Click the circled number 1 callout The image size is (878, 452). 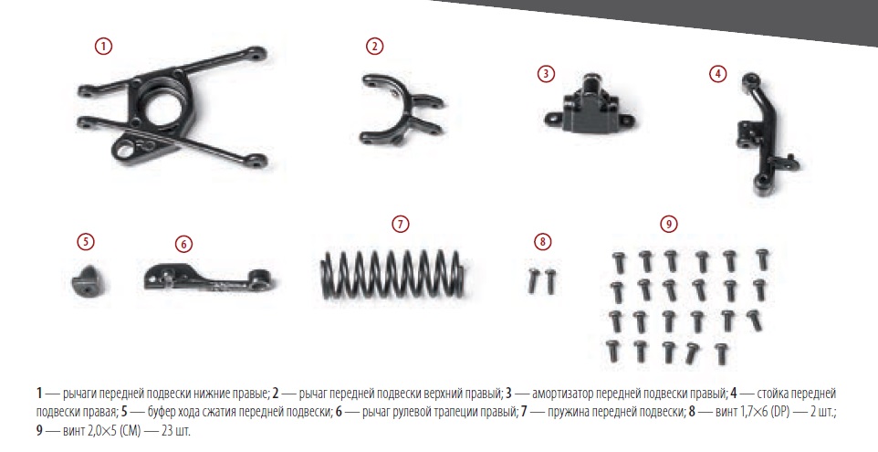pos(104,46)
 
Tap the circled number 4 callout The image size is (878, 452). pos(718,73)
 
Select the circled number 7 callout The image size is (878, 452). pos(400,224)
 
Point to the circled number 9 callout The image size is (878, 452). pos(669,224)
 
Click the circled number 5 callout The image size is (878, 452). pos(86,241)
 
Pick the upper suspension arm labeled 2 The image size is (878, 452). pos(401,110)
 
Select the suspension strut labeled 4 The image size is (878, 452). pos(763,134)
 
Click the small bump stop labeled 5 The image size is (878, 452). pos(87,279)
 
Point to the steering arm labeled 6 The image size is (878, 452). pos(207,279)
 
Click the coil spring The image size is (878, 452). pos(392,274)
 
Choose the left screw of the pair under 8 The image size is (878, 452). pos(533,280)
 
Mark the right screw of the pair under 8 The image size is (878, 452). pos(550,280)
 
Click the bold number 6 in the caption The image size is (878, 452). pos(339,412)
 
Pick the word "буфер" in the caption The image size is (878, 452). pos(162,413)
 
